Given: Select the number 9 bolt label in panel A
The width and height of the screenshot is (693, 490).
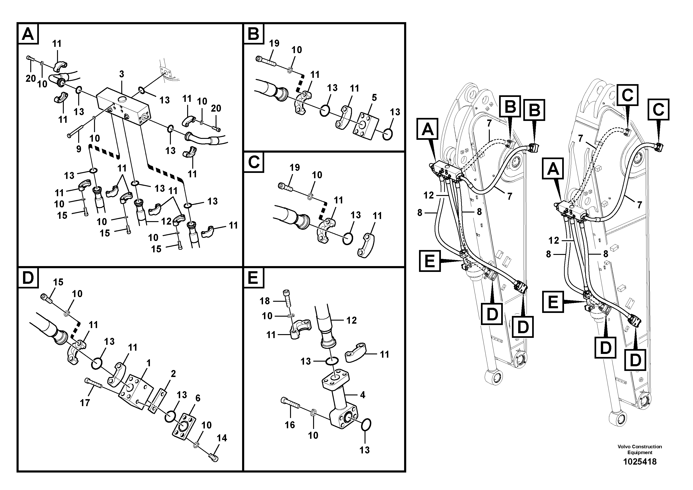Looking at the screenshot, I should [x=78, y=149].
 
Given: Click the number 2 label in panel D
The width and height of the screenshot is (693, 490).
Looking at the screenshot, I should [x=173, y=374].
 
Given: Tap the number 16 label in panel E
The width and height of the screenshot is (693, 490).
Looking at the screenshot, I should [x=290, y=425].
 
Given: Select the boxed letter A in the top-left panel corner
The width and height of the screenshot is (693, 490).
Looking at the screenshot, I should [x=28, y=34].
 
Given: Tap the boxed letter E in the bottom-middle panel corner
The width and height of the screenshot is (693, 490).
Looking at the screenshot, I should [x=253, y=278].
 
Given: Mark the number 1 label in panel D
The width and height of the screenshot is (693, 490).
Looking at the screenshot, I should [x=148, y=363].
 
